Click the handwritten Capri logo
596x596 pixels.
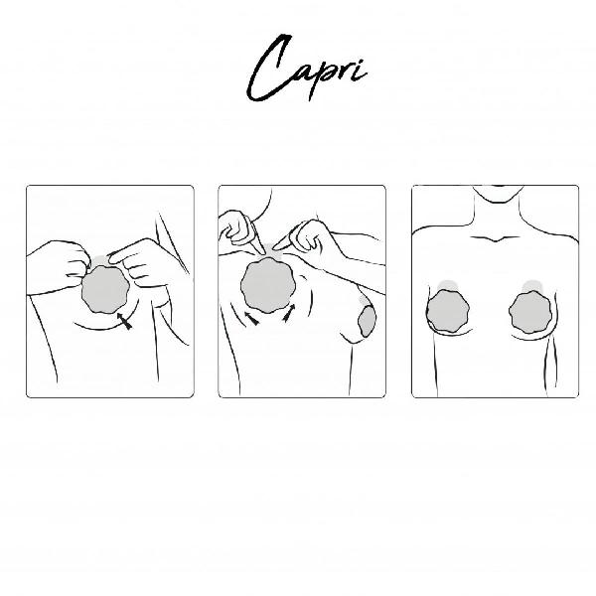(x=306, y=69)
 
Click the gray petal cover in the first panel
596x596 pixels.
(x=105, y=290)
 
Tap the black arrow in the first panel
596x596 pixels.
(x=125, y=321)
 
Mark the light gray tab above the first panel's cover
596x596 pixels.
(x=100, y=260)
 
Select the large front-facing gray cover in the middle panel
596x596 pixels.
(x=268, y=285)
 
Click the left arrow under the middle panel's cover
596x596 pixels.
(x=251, y=319)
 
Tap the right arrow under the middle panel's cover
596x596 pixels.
(x=289, y=313)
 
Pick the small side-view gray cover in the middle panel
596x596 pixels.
(x=367, y=321)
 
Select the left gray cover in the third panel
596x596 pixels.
(x=448, y=312)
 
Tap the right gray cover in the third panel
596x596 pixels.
(x=530, y=313)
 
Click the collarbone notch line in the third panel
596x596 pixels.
(x=495, y=239)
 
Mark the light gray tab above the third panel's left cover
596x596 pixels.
(x=448, y=286)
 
